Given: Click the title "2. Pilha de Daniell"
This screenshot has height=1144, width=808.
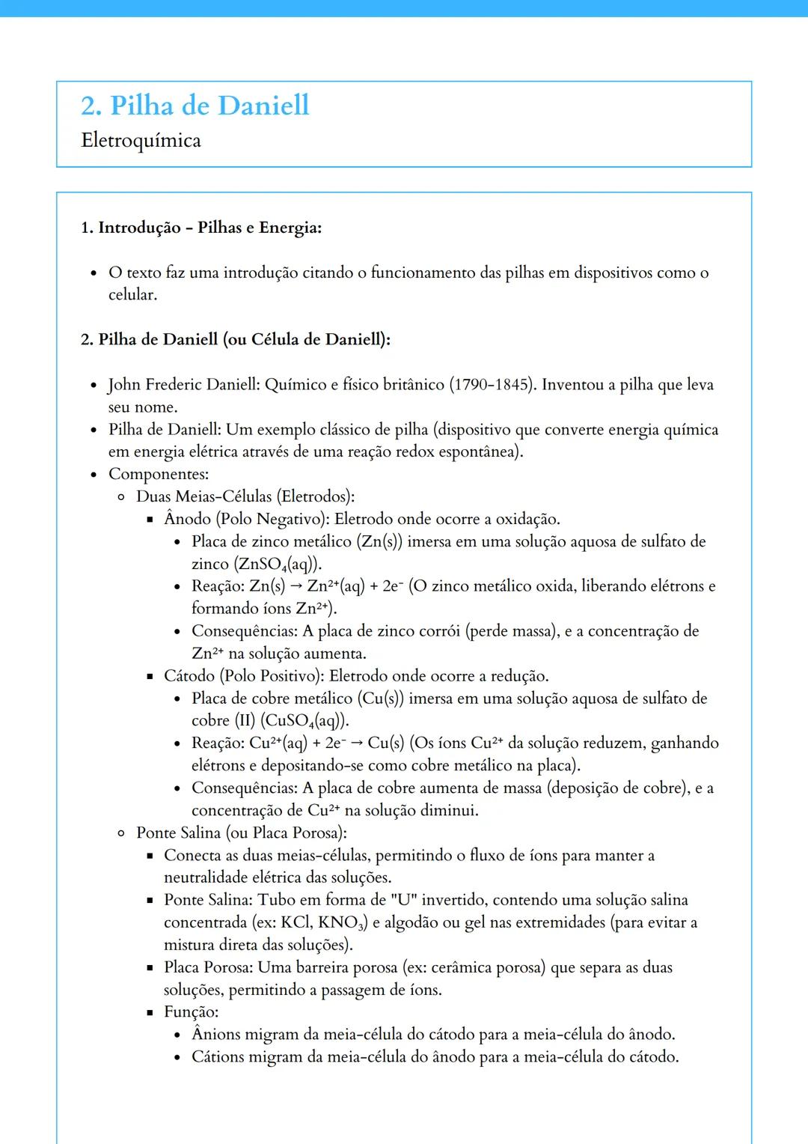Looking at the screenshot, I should [x=195, y=106].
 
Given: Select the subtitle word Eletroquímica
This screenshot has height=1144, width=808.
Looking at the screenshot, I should [x=141, y=141].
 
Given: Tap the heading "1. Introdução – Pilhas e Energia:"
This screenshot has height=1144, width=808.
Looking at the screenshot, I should [x=201, y=228].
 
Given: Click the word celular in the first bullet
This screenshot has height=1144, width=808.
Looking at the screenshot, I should [x=132, y=295].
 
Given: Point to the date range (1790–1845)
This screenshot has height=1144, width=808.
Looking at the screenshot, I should [x=492, y=385].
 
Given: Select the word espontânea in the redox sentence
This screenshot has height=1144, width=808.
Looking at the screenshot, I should [x=482, y=452].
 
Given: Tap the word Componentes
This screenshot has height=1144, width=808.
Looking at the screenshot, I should [x=158, y=475].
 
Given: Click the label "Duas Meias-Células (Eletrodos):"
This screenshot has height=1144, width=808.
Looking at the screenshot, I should [x=245, y=497].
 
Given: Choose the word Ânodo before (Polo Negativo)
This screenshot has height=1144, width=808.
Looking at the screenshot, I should [x=187, y=520].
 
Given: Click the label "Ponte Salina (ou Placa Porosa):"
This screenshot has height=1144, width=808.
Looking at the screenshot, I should [x=241, y=833].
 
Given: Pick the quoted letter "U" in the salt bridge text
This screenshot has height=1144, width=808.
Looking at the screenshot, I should [x=403, y=900].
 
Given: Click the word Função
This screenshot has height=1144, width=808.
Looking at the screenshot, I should [x=191, y=1012].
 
